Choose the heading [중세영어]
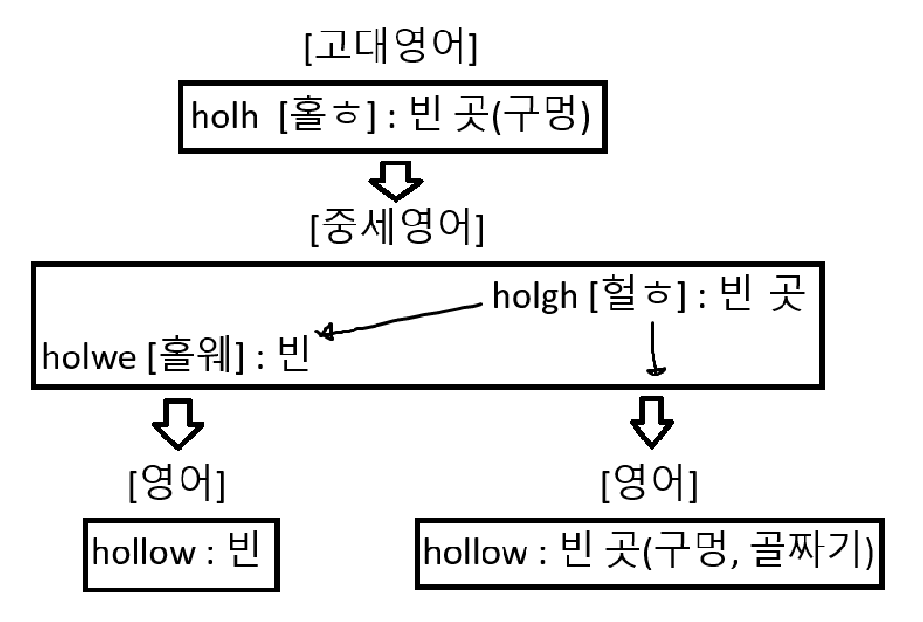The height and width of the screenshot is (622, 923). pos(397,229)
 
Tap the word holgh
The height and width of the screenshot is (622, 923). pos(536,297)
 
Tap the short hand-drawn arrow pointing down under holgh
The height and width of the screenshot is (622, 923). pos(653,349)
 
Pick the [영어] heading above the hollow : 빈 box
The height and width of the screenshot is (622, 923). pos(177,486)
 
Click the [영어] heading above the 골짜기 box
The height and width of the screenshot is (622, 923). pos(649,486)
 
